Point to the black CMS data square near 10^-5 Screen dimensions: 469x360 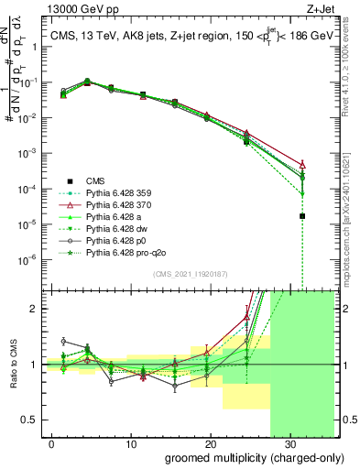[x=302, y=216]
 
